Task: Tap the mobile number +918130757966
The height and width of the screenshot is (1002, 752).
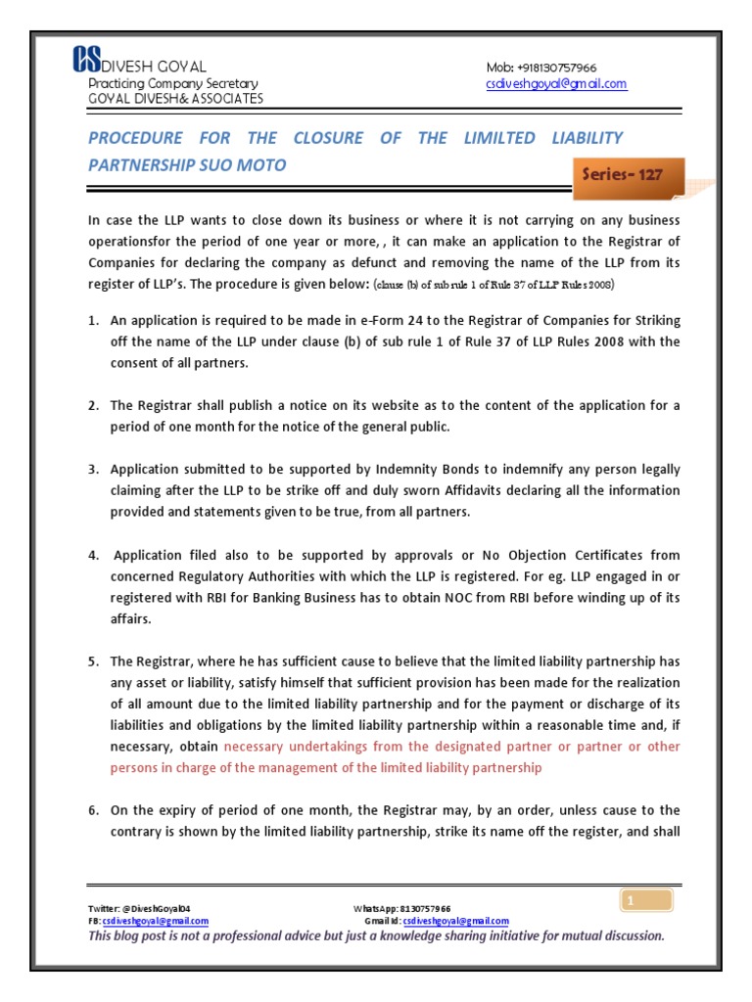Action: (555, 68)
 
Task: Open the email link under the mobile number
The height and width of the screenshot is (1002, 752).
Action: (556, 84)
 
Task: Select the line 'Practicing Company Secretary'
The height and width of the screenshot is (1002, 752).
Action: (173, 84)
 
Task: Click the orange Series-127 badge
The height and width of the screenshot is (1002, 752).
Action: (622, 175)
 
